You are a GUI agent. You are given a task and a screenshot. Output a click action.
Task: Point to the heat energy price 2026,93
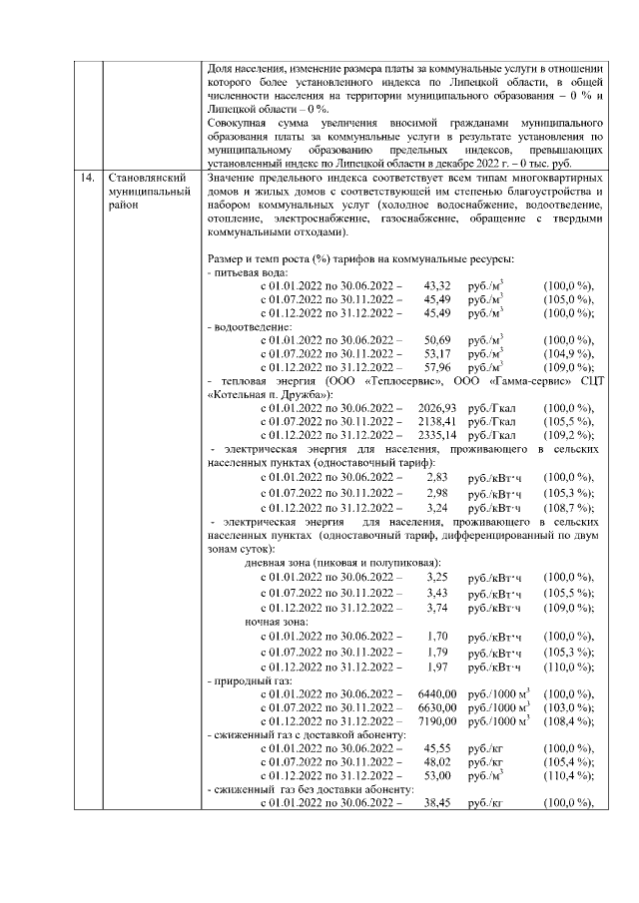436,407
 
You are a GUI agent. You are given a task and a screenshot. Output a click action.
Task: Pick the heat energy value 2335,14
436,435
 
